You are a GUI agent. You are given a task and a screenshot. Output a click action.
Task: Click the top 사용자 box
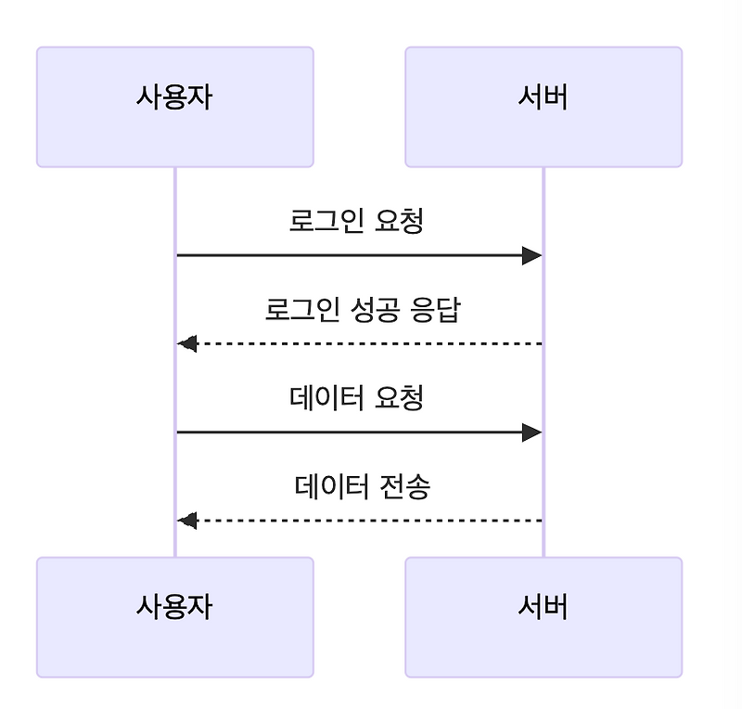174,107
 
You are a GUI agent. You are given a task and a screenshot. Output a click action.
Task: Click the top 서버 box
544,107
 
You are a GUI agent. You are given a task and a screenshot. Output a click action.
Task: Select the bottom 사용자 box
174,617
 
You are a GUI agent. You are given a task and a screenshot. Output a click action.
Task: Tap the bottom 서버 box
544,617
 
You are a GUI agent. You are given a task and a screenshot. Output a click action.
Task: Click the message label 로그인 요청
357,222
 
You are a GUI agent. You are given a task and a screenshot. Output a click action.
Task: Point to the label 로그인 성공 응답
363,310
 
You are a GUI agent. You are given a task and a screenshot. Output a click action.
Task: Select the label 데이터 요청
357,399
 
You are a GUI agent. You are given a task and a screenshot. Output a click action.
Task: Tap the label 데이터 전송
363,486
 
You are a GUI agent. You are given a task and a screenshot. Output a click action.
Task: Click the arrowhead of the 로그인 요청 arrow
531,255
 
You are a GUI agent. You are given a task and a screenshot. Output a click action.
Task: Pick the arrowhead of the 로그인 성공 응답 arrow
188,344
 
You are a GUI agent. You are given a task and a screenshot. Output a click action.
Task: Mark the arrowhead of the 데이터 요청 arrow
531,432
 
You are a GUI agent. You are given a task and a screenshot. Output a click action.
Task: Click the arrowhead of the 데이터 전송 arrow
188,521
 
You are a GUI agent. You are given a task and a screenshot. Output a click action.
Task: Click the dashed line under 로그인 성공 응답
371,344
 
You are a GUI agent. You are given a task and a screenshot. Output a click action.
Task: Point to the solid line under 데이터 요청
352,432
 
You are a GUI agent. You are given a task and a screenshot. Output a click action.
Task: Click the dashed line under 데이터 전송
371,521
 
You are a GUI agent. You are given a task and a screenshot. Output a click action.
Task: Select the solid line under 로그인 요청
352,255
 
